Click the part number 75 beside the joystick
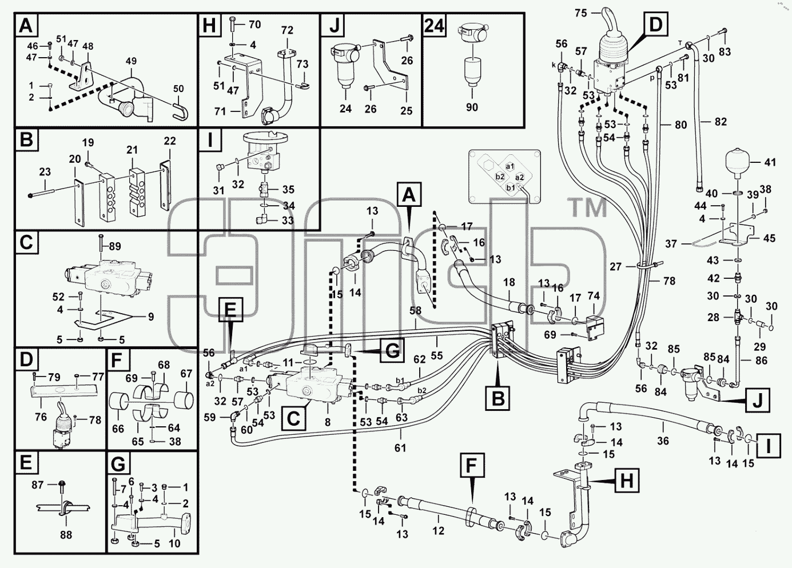pyautogui.click(x=581, y=13)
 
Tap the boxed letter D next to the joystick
pyautogui.click(x=655, y=25)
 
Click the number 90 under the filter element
pyautogui.click(x=472, y=107)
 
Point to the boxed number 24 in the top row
pyautogui.click(x=434, y=26)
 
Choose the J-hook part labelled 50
pyautogui.click(x=180, y=110)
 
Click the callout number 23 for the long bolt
pyautogui.click(x=45, y=172)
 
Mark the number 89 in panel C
pyautogui.click(x=115, y=246)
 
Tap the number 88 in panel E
pyautogui.click(x=66, y=535)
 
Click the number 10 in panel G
pyautogui.click(x=174, y=543)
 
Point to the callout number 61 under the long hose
pyautogui.click(x=400, y=448)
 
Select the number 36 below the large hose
pyautogui.click(x=663, y=441)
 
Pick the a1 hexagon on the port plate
pyautogui.click(x=510, y=166)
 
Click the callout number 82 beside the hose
pyautogui.click(x=721, y=122)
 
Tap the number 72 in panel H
pyautogui.click(x=287, y=30)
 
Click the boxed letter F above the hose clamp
pyautogui.click(x=472, y=465)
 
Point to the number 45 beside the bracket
pyautogui.click(x=769, y=238)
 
